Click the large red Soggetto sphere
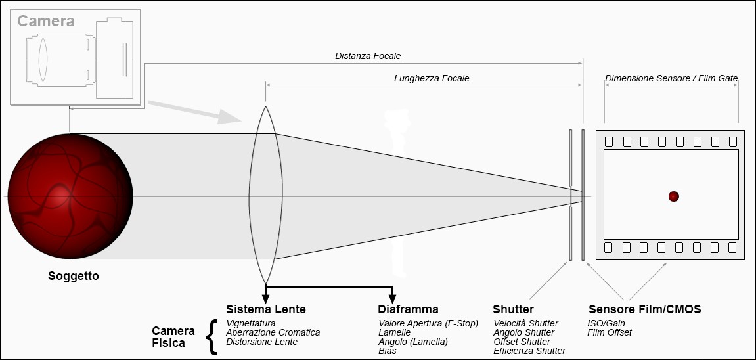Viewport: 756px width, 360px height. click(70, 196)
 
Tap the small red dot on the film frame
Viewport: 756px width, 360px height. click(673, 196)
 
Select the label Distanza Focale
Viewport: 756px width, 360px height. click(368, 56)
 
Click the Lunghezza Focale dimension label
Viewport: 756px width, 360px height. click(432, 78)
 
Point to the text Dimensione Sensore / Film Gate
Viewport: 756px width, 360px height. click(671, 78)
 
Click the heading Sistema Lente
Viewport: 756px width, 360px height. click(265, 309)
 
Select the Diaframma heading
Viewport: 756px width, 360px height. click(408, 309)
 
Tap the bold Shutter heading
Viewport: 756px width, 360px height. click(513, 309)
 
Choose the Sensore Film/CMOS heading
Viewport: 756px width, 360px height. click(644, 309)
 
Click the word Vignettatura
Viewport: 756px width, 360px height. click(251, 323)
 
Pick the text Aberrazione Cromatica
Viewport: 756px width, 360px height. click(273, 332)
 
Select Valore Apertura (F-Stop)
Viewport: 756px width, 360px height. click(428, 323)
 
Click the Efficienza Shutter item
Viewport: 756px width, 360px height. click(529, 351)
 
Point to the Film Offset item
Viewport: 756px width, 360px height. click(610, 332)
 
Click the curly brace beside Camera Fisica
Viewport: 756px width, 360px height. click(211, 337)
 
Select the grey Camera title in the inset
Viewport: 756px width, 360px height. click(46, 21)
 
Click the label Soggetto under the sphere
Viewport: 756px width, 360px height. click(74, 276)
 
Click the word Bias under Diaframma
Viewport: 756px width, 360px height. click(387, 351)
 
